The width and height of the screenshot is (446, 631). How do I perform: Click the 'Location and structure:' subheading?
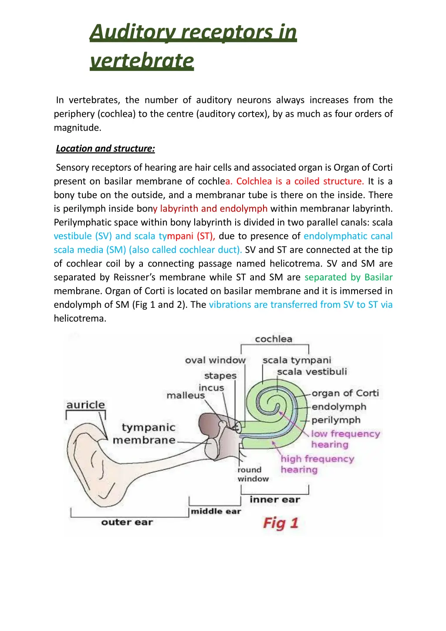click(x=105, y=148)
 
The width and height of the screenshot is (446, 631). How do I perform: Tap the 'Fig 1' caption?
click(x=280, y=523)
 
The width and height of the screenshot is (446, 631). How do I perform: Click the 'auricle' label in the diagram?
click(x=86, y=405)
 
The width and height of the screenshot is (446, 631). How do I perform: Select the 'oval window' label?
click(x=215, y=360)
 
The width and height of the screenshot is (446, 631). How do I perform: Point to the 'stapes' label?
click(x=220, y=375)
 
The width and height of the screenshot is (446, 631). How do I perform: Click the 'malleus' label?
click(x=186, y=395)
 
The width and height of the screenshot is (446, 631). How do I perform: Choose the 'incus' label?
click(x=211, y=387)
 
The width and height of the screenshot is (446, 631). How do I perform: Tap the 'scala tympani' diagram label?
click(x=297, y=360)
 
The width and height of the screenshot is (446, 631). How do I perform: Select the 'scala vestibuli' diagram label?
click(x=312, y=371)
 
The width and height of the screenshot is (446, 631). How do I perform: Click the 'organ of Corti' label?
click(x=345, y=393)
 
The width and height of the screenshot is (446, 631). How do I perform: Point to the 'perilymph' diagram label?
click(x=336, y=420)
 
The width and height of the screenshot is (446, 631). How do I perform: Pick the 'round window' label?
click(x=253, y=474)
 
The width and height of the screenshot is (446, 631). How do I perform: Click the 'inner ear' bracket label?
click(x=275, y=499)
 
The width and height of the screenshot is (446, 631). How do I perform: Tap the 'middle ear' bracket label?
click(x=216, y=511)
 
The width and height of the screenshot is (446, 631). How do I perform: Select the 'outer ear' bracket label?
click(x=127, y=522)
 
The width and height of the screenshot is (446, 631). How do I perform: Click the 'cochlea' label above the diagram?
click(x=274, y=339)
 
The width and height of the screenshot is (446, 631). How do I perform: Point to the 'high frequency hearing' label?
click(x=317, y=464)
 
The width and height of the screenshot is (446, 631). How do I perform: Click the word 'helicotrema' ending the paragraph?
click(x=80, y=318)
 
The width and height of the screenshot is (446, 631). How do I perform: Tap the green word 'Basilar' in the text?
click(x=378, y=277)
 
